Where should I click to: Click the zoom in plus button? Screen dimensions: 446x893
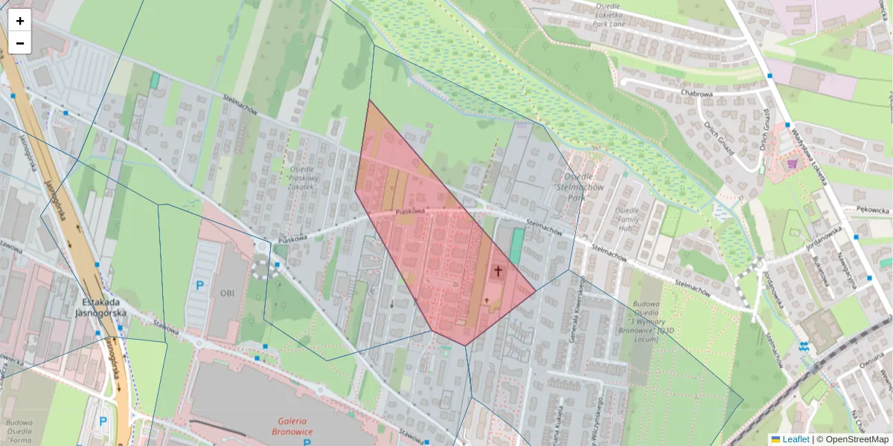coord(20,21)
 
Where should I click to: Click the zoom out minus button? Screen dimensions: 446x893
coord(20,43)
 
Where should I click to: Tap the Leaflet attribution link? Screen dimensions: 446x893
coord(795,439)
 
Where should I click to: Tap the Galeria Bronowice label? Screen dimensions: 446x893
coord(292,426)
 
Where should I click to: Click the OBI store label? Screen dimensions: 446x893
coord(227,293)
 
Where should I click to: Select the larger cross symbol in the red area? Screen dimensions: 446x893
coord(498,271)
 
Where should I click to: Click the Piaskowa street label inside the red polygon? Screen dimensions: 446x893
coord(410,212)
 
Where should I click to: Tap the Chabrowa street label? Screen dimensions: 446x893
coord(697,94)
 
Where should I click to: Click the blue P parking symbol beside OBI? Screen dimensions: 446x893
coord(199,285)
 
